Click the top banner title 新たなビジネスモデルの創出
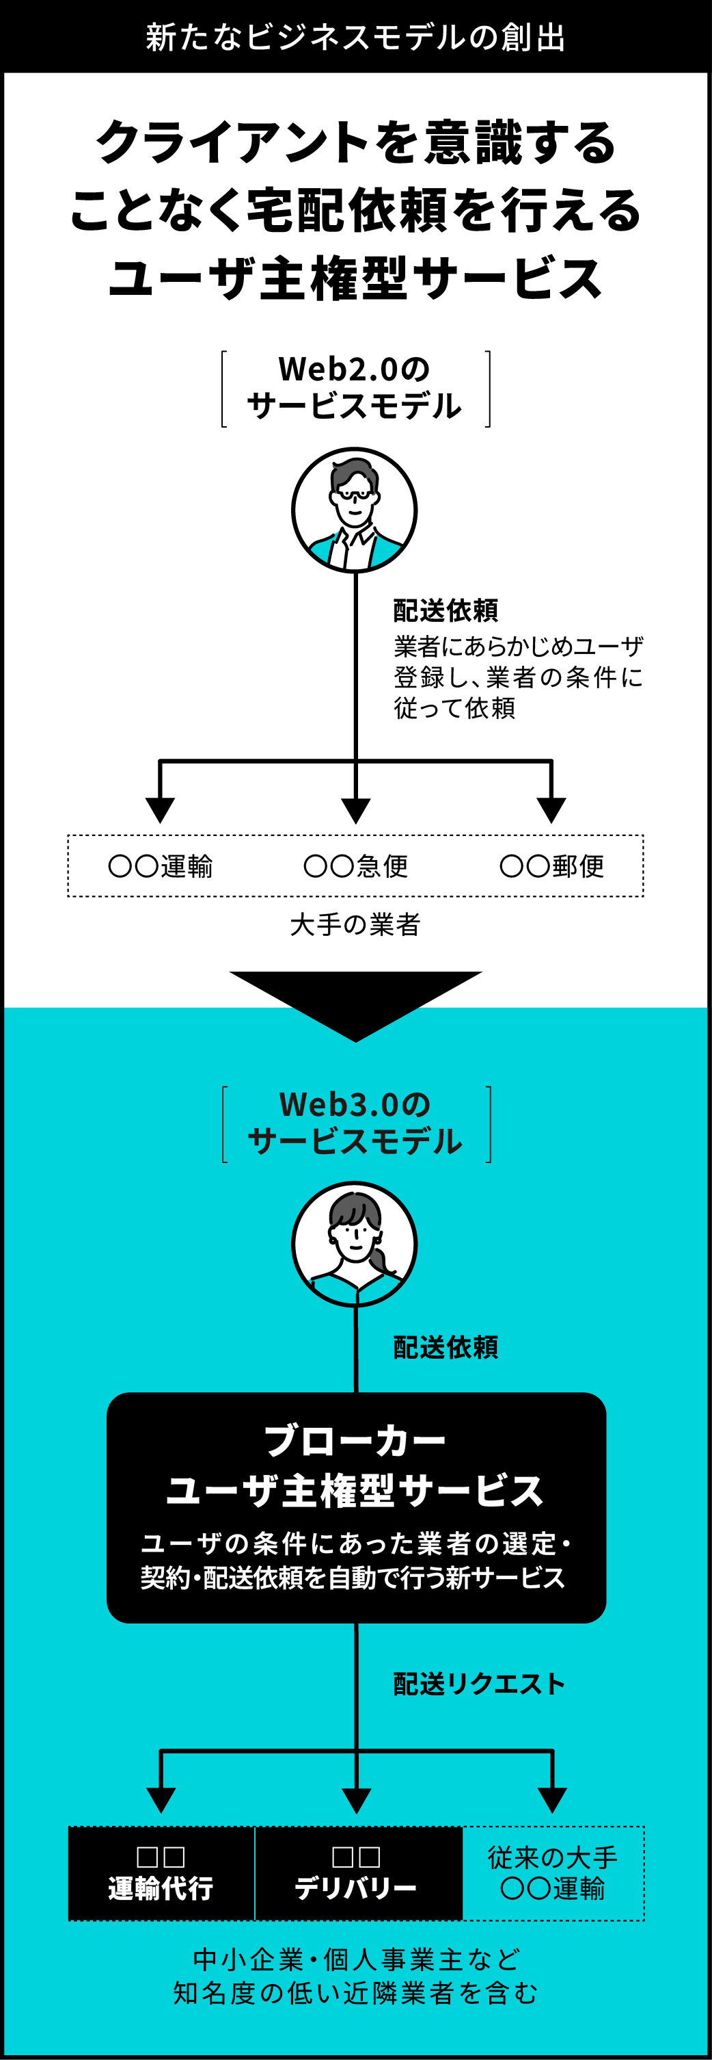coord(355,38)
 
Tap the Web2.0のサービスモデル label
coord(355,388)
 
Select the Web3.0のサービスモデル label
coord(355,1123)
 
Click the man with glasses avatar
coord(354,510)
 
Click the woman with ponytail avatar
coord(354,1244)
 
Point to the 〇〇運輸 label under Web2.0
coord(161,866)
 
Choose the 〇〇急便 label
coord(355,866)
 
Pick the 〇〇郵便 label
coord(551,866)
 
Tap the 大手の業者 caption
coord(355,924)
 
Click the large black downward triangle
coord(355,1000)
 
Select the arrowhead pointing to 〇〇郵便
coord(551,809)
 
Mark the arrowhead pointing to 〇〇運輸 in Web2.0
coord(161,809)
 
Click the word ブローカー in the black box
coord(355,1440)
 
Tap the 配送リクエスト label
coord(479,1684)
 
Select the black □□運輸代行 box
coord(161,1873)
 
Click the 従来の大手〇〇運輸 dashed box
coord(553,1873)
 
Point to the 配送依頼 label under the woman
coord(446,1348)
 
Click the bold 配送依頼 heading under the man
coord(446,611)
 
